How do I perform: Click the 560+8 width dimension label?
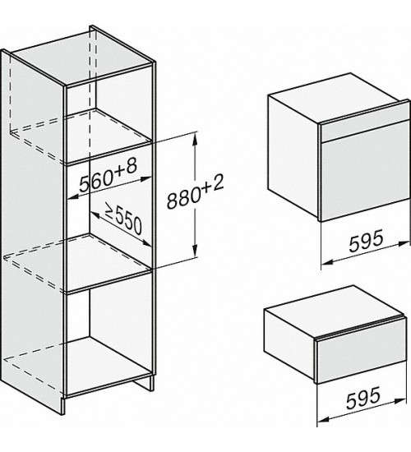pyautogui.click(x=108, y=176)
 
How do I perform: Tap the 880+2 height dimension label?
pyautogui.click(x=196, y=192)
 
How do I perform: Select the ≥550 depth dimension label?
pyautogui.click(x=123, y=219)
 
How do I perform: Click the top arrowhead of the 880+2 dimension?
pyautogui.click(x=196, y=139)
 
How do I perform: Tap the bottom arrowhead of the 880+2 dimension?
pyautogui.click(x=196, y=250)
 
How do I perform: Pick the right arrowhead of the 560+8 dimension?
pyautogui.click(x=146, y=179)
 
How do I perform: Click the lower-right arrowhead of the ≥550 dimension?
pyautogui.click(x=147, y=243)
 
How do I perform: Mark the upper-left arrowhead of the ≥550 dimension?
pyautogui.click(x=95, y=214)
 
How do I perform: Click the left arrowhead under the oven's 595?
pyautogui.click(x=328, y=261)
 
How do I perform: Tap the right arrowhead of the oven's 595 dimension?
pyautogui.click(x=404, y=244)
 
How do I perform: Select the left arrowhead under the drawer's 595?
pyautogui.click(x=324, y=419)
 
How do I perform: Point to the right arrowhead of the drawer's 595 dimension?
pyautogui.click(x=400, y=401)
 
